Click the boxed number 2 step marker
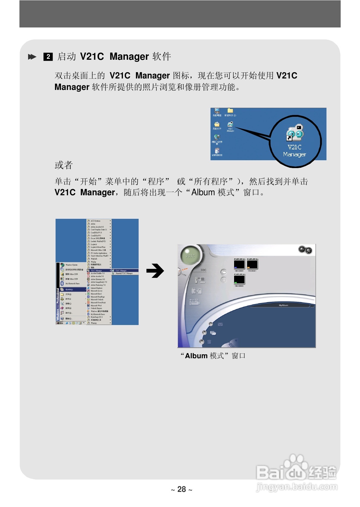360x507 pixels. (48, 57)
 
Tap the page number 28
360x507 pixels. (182, 489)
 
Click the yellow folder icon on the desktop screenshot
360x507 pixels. (230, 111)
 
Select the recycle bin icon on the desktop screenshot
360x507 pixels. (217, 151)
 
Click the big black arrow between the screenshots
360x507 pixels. (155, 271)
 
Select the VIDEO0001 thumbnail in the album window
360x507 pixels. (252, 264)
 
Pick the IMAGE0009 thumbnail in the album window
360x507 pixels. (239, 279)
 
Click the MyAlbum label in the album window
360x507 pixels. (283, 305)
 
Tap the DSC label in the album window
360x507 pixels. (204, 270)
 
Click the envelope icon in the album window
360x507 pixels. (220, 324)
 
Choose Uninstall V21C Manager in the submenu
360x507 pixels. (124, 273)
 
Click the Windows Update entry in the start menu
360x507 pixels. (71, 265)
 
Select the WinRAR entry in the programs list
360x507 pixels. (94, 259)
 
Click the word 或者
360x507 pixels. (63, 165)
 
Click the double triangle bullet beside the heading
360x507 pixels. (32, 57)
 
